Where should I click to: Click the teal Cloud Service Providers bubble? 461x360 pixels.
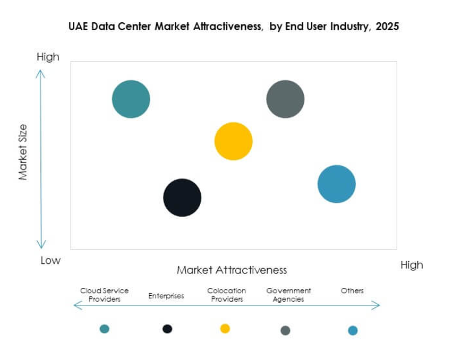(x=131, y=99)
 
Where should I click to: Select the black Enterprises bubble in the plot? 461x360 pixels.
(x=182, y=198)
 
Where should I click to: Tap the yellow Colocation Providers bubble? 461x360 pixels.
(x=233, y=141)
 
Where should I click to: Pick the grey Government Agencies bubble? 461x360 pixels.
(x=285, y=99)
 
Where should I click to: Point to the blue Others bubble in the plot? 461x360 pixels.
(x=336, y=184)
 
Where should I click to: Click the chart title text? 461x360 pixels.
(x=233, y=27)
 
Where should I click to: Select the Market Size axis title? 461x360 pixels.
(x=23, y=152)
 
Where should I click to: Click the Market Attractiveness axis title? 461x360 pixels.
(x=232, y=270)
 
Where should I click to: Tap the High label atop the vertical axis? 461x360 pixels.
(x=48, y=57)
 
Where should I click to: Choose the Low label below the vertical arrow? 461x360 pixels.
(x=50, y=261)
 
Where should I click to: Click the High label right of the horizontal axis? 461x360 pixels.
(x=412, y=265)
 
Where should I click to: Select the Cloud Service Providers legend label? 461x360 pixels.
(x=104, y=295)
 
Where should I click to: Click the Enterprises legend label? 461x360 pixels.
(x=166, y=296)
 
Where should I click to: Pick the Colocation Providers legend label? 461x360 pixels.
(x=227, y=295)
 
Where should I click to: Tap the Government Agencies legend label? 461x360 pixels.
(x=288, y=295)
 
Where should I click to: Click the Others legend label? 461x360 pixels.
(x=352, y=290)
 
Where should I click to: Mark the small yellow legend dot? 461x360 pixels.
(x=225, y=329)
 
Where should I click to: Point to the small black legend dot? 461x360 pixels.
(x=167, y=329)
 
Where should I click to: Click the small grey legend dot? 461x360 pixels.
(x=285, y=330)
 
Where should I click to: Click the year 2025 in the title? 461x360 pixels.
(x=387, y=27)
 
